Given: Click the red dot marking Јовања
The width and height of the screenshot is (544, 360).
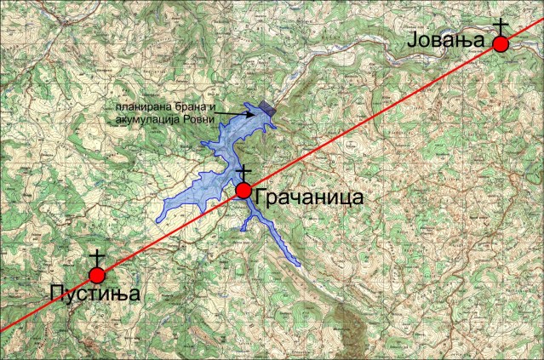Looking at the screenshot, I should pyautogui.click(x=501, y=43).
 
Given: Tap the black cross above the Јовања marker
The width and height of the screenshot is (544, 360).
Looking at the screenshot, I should pyautogui.click(x=502, y=25).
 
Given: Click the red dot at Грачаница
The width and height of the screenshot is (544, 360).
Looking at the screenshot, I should pyautogui.click(x=243, y=191).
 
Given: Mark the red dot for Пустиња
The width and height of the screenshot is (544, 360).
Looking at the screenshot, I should pyautogui.click(x=97, y=275).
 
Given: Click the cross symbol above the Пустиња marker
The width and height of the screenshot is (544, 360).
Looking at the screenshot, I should pyautogui.click(x=97, y=256).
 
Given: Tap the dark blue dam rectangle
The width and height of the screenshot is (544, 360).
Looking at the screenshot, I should pyautogui.click(x=267, y=106).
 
